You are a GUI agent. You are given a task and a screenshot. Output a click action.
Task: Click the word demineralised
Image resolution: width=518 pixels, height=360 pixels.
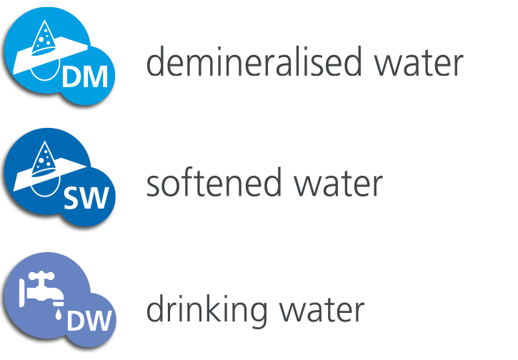coord(254,61)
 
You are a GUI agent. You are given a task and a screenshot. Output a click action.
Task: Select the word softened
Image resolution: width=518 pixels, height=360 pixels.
coord(214,182)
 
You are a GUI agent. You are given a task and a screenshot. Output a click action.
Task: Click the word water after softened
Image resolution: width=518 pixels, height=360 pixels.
coord(338,184)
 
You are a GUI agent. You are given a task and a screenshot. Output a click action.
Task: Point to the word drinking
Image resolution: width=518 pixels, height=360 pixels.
coord(206,310)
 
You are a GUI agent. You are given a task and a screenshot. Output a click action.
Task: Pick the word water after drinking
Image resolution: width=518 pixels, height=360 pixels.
coord(322,310)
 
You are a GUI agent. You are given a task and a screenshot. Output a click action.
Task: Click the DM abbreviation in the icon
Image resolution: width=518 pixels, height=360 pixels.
coord(85,76)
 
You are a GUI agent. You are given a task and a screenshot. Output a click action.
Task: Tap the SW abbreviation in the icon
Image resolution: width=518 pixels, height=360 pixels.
coord(86,198)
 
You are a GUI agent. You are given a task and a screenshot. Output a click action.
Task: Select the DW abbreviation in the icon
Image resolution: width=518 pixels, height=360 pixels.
coord(89,320)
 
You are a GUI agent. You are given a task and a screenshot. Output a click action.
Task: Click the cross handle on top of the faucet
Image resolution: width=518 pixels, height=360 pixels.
coord(41,276)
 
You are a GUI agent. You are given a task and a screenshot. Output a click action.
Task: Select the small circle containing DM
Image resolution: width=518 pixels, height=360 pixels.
coord(85,75)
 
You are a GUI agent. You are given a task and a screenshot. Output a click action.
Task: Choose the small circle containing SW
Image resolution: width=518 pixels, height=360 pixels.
coord(86,196)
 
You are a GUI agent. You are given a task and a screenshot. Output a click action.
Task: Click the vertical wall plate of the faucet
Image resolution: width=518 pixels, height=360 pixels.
coord(22,293)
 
